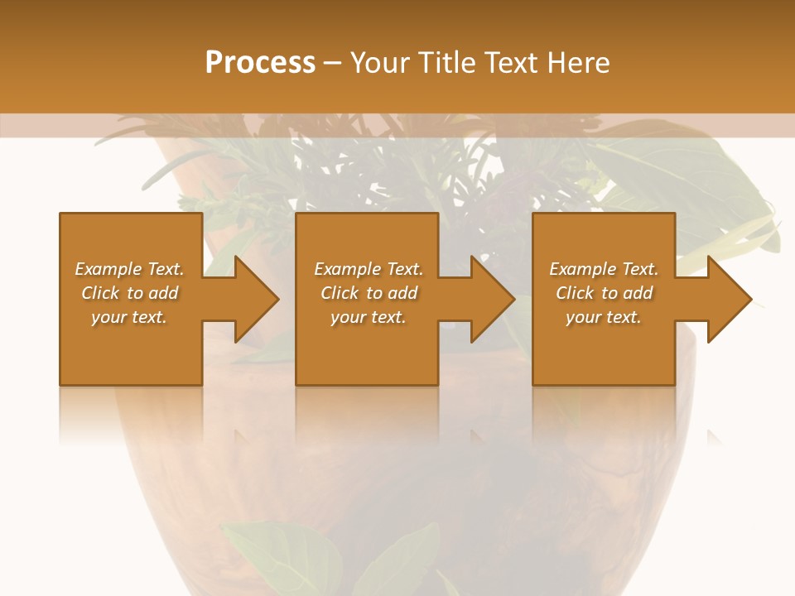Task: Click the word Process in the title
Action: pos(260,63)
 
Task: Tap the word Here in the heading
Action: pos(577,63)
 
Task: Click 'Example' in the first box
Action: pos(107,269)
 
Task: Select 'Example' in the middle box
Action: pos(346,269)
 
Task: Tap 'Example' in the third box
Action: pos(581,269)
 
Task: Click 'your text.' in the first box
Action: pos(129,317)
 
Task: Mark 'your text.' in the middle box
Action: pos(369,317)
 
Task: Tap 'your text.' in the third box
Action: pos(604,317)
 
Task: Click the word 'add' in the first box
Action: pos(164,293)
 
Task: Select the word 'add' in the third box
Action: pos(638,293)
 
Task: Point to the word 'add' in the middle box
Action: pos(403,293)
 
